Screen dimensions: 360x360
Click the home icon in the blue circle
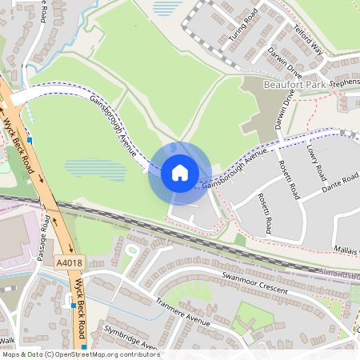click(179, 173)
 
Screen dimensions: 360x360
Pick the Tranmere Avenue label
click(183, 314)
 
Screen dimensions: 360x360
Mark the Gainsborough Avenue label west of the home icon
click(114, 126)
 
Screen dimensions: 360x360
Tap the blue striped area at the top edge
click(166, 8)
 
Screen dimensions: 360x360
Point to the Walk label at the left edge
click(7, 340)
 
